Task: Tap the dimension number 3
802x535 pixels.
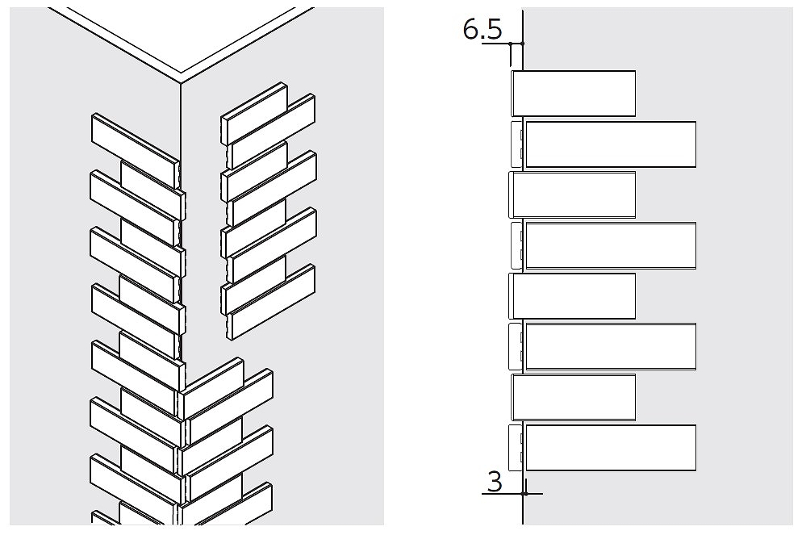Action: click(495, 481)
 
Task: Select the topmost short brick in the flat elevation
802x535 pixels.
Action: click(574, 94)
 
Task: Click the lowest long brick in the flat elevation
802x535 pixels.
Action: click(611, 448)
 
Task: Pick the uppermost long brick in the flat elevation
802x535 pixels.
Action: click(611, 144)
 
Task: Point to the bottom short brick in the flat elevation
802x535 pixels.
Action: click(574, 397)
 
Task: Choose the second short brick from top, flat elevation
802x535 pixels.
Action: click(572, 194)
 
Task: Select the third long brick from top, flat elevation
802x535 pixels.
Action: click(611, 346)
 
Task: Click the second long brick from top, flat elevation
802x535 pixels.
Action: click(611, 245)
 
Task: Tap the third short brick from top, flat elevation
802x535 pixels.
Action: click(572, 296)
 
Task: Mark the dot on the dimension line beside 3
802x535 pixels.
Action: click(524, 494)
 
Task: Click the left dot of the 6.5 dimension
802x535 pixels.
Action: click(510, 44)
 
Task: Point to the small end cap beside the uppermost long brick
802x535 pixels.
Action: click(516, 144)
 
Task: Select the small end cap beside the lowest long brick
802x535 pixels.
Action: click(516, 448)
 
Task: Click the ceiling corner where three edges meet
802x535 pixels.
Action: click(181, 81)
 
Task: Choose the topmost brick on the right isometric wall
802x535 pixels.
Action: click(254, 113)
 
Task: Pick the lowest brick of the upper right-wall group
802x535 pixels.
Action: click(271, 302)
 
